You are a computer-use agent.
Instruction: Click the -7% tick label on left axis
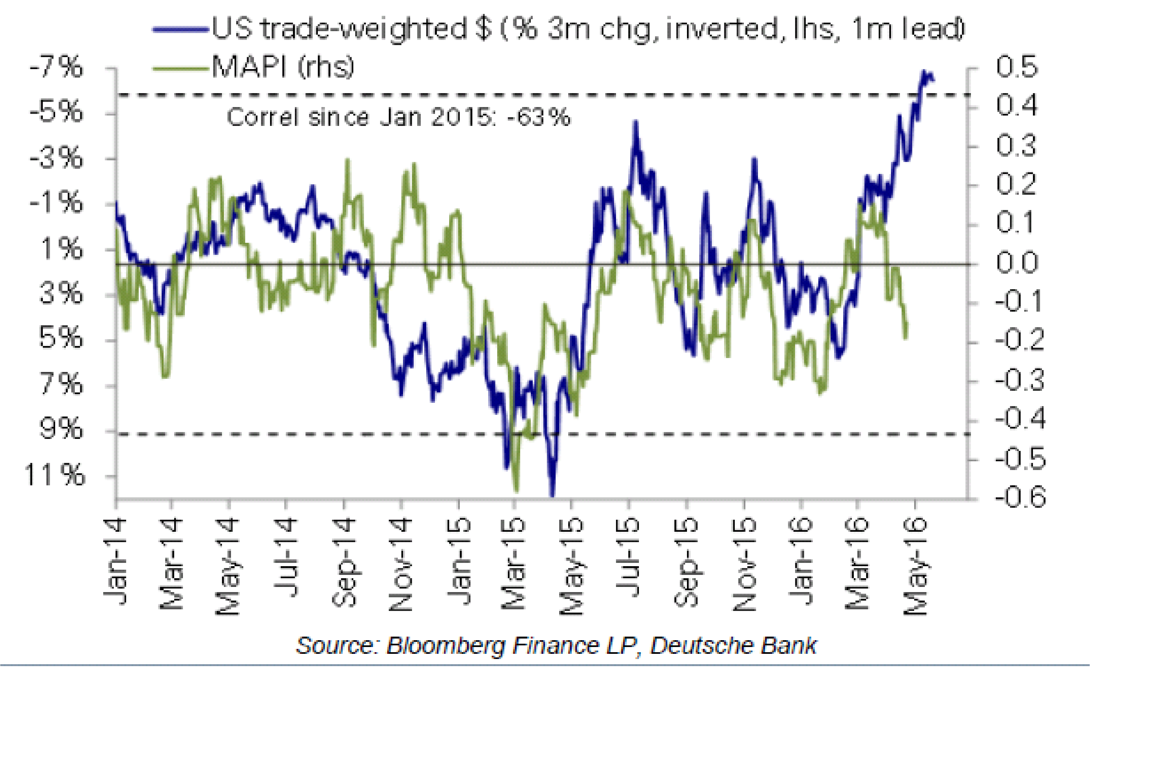(x=56, y=67)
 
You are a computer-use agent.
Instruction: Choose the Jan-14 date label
(x=115, y=562)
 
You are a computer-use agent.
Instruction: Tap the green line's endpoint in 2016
(x=905, y=337)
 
